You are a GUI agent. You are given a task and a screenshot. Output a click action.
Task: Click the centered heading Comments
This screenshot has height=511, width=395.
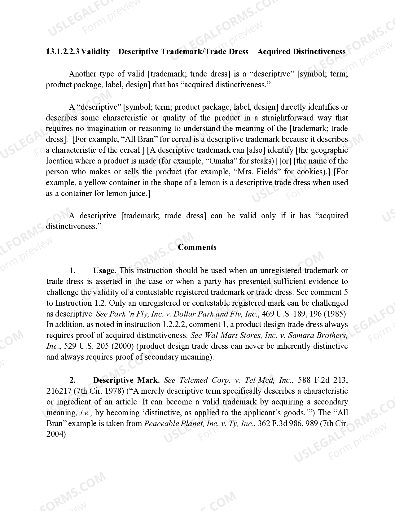(197, 247)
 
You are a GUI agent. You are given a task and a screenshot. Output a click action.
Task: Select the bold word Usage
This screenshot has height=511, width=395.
(104, 270)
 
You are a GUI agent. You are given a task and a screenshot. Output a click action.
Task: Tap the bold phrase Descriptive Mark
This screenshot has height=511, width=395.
(126, 380)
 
